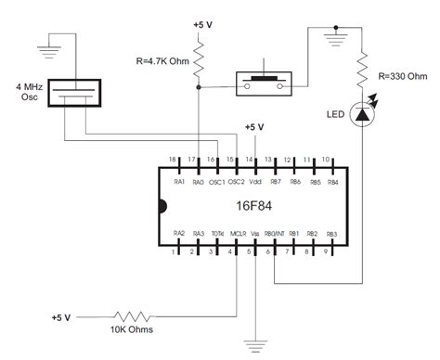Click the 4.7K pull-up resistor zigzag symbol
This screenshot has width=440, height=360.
200,61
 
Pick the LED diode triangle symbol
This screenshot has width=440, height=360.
363,113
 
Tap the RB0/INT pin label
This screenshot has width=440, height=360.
274,234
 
